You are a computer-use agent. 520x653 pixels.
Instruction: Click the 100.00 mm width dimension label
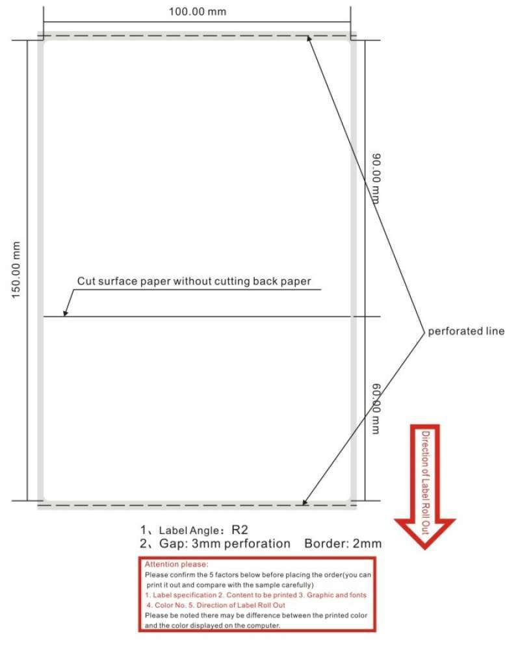(x=198, y=12)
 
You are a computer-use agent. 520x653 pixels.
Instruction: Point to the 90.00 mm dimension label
(x=376, y=178)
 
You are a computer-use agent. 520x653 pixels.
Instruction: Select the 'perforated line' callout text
(x=465, y=331)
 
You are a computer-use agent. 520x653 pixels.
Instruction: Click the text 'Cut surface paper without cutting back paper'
(x=194, y=281)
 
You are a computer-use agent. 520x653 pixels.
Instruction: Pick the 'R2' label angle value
(x=240, y=530)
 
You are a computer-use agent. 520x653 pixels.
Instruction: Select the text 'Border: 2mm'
(x=350, y=544)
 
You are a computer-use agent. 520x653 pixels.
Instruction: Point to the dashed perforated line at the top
(x=195, y=36)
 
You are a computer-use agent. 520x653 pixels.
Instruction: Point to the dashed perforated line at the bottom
(x=195, y=504)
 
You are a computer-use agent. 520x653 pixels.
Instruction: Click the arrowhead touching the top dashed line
(x=309, y=39)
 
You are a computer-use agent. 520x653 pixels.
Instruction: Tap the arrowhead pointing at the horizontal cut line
(x=65, y=314)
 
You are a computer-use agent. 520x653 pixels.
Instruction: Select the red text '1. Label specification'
(x=180, y=595)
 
